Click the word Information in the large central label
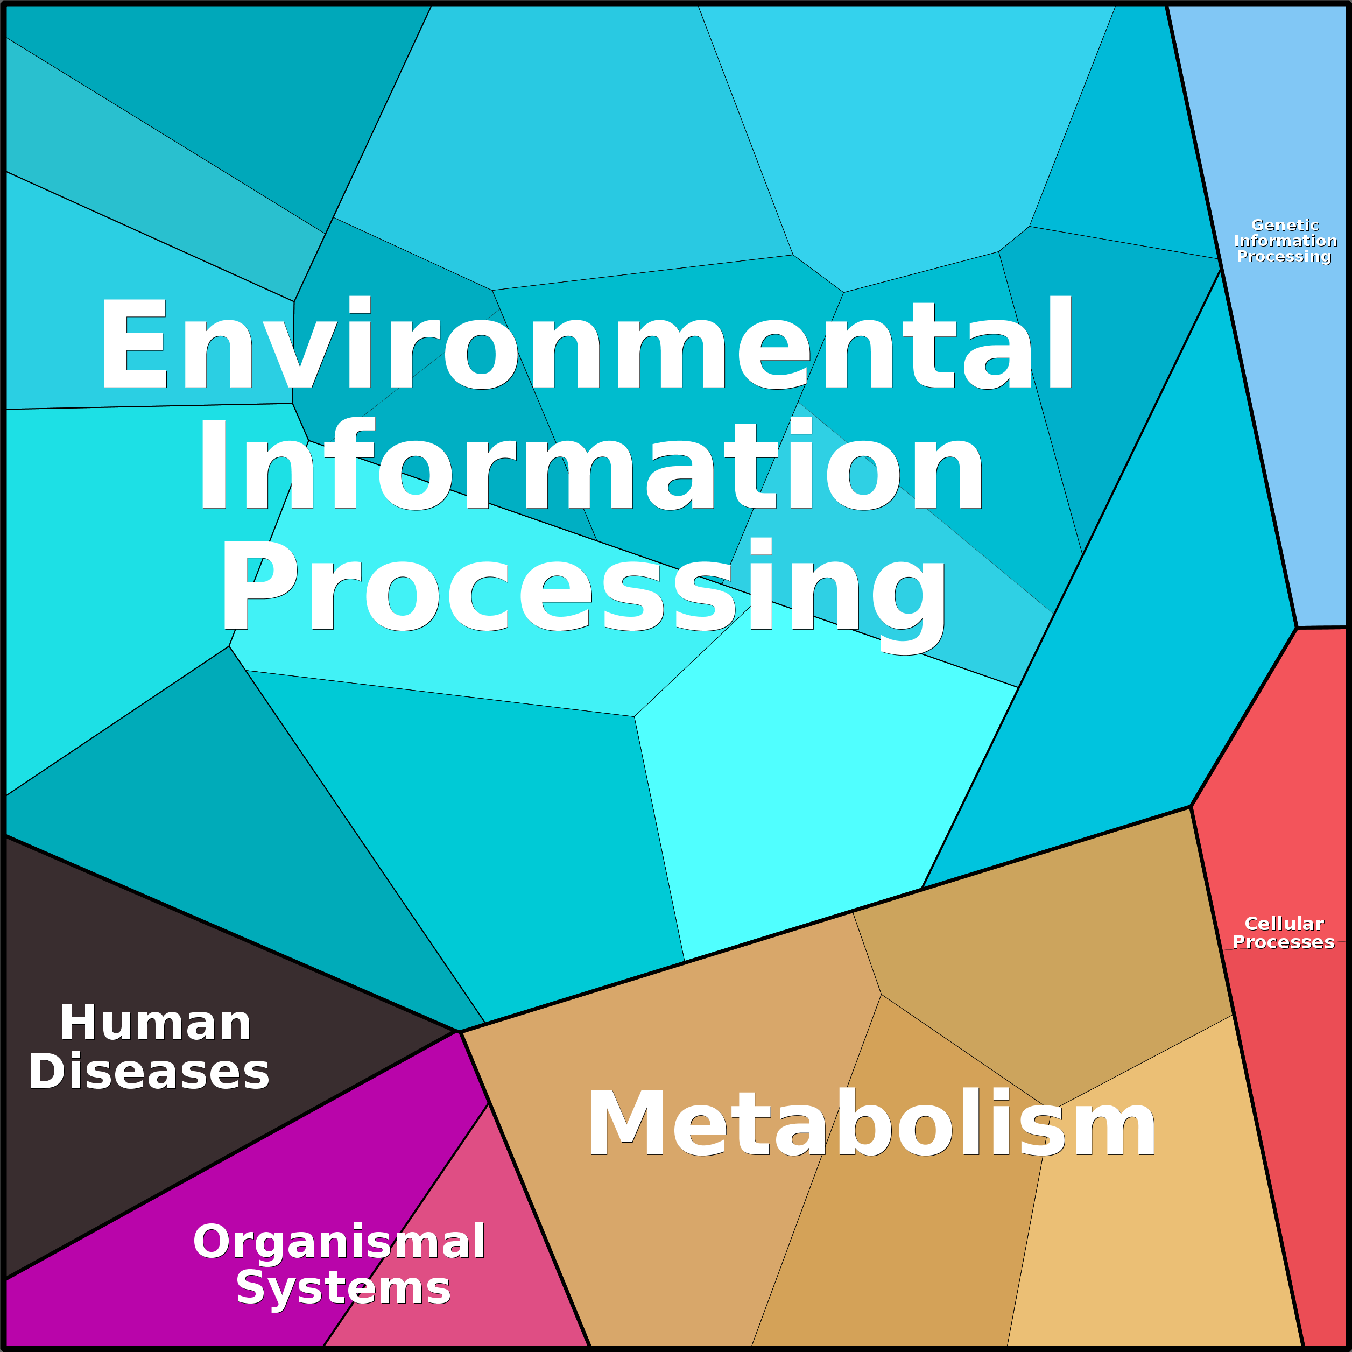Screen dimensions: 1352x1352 591,464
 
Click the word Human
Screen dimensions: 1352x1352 156,1023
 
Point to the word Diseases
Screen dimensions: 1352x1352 149,1072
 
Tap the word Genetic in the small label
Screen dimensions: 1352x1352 1285,226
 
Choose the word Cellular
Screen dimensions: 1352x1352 1284,924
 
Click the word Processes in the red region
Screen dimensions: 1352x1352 1284,942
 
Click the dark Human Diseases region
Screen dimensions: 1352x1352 140,1154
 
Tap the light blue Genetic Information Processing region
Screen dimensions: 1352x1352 1280,420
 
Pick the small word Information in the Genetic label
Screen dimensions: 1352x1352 1285,241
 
